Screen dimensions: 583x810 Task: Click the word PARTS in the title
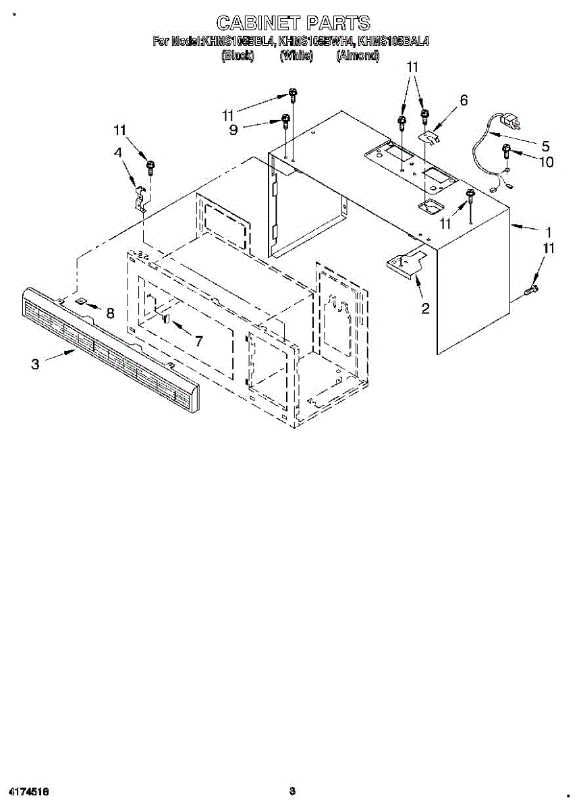coord(334,24)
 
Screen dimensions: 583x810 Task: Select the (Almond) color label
coord(358,57)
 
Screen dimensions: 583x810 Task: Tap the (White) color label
coord(297,57)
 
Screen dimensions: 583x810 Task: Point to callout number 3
coord(35,364)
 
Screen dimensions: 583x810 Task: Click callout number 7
coord(198,342)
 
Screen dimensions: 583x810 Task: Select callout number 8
coord(110,313)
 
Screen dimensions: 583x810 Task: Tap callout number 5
coord(545,145)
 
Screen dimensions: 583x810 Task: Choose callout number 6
coord(464,101)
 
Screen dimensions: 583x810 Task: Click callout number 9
coord(233,130)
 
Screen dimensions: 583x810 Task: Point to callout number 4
coord(119,153)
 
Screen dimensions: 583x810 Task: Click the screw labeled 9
coord(285,122)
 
